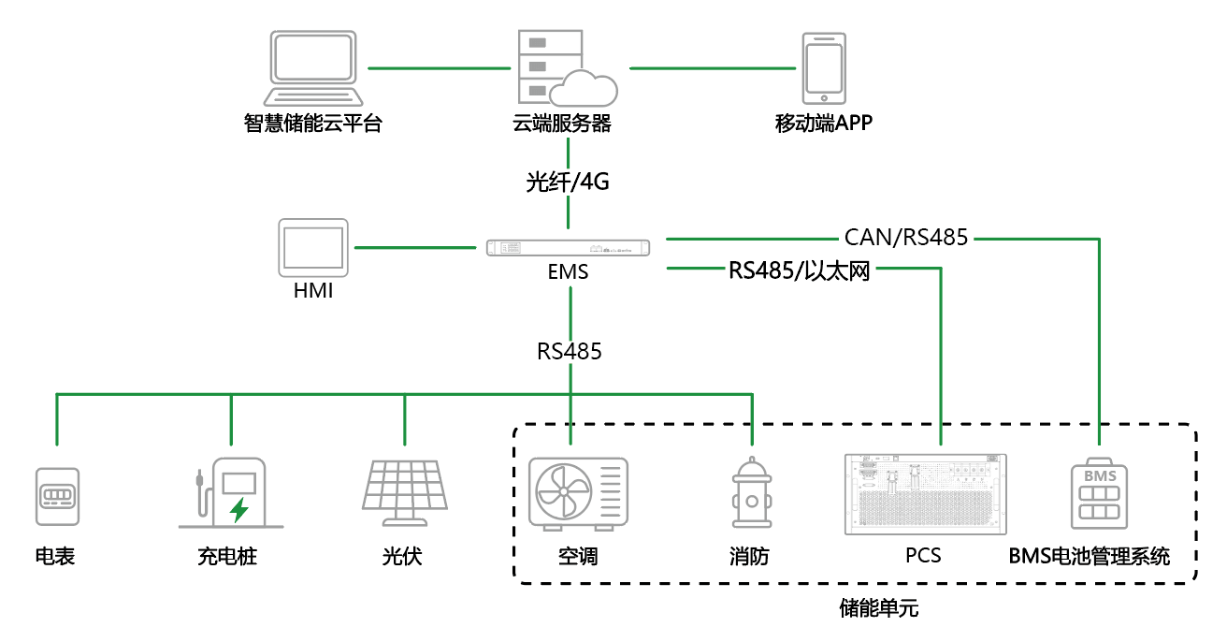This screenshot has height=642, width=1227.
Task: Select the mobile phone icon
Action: tap(824, 68)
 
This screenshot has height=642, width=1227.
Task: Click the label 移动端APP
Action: tap(824, 123)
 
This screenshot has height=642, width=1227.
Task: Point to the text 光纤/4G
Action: tap(568, 182)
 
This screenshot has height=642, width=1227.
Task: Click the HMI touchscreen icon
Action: tap(313, 248)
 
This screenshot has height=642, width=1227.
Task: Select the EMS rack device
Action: tap(569, 248)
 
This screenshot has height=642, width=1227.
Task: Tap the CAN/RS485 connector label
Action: tap(906, 238)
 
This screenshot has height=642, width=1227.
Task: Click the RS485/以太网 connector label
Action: tap(799, 271)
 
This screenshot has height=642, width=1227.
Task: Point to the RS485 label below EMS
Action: tap(569, 352)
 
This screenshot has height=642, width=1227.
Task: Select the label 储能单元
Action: tap(879, 609)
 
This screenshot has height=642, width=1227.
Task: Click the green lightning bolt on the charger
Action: tap(239, 510)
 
